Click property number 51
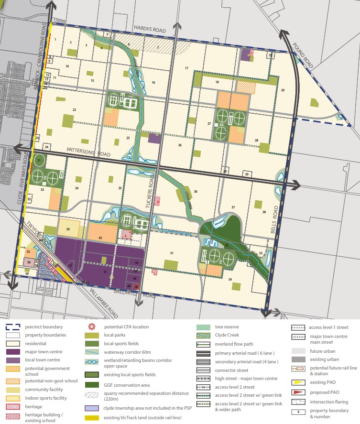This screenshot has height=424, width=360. coord(172,253)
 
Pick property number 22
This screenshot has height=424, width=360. coord(74,110)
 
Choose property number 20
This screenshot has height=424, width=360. coord(283,90)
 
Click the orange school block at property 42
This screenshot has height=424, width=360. coord(100,232)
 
